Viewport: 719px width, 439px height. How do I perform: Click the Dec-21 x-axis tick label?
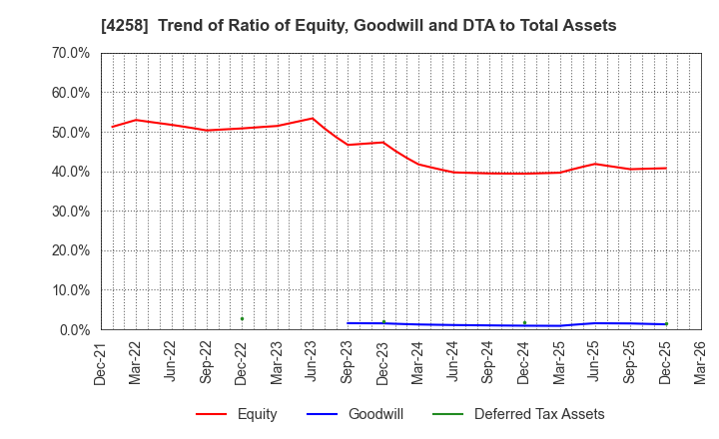[101, 362]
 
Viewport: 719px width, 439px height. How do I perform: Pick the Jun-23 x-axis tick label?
[313, 362]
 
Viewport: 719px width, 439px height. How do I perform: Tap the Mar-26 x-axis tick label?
[701, 362]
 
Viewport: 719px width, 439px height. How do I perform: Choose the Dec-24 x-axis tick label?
[524, 362]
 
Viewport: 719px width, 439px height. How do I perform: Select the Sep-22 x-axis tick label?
[207, 362]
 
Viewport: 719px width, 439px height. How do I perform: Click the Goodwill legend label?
[375, 414]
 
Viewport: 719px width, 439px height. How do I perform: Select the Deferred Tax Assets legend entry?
[539, 414]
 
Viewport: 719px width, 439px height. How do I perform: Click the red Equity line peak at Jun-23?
[313, 119]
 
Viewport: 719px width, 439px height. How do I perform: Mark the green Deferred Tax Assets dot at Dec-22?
[242, 318]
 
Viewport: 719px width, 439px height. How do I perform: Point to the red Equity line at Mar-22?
[136, 120]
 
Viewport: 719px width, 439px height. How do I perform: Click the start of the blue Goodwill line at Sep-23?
[348, 323]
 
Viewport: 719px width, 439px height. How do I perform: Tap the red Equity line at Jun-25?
[595, 164]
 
